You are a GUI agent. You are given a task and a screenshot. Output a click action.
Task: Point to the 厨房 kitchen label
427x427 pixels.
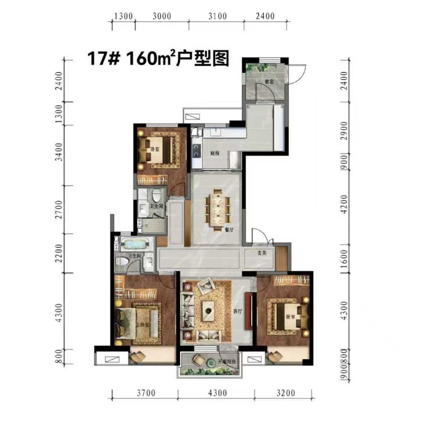(215, 153)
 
